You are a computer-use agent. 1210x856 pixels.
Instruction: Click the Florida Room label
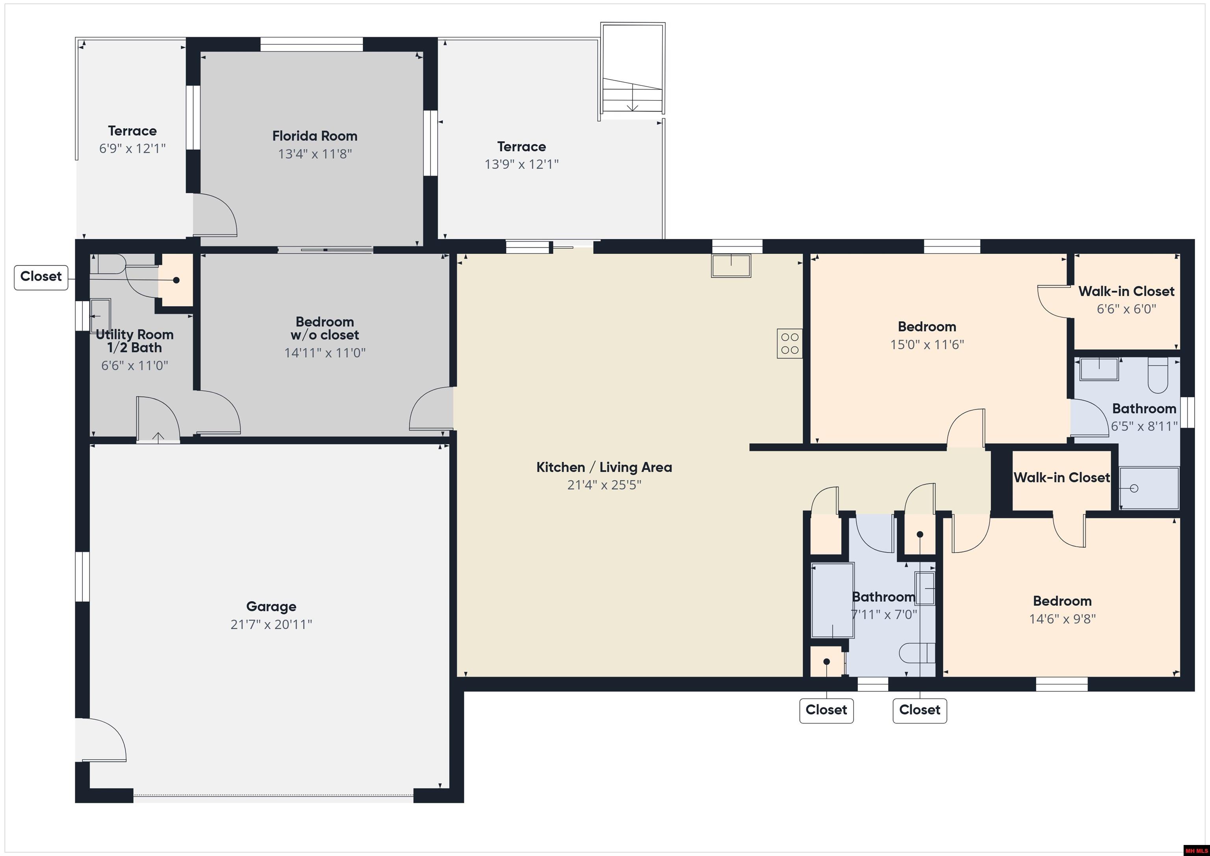point(315,136)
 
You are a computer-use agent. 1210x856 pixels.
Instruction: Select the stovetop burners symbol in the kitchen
point(789,344)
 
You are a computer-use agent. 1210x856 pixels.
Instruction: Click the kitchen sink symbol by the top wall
point(731,266)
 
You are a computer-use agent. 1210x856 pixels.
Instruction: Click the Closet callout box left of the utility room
point(41,277)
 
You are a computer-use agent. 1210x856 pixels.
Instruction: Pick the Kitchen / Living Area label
point(604,468)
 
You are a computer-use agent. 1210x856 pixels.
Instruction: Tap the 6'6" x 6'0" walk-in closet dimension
point(1126,309)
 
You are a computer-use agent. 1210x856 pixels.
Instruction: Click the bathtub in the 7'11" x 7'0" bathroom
point(833,601)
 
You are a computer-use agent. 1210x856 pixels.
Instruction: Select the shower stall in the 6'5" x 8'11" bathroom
point(1149,488)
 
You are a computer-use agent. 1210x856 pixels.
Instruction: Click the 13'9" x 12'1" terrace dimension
point(521,164)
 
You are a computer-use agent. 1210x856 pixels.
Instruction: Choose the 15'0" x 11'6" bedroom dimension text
point(927,345)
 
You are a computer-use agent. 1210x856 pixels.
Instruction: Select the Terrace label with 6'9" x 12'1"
point(132,131)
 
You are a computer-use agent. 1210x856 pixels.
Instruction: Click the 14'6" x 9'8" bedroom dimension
point(1062,619)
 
